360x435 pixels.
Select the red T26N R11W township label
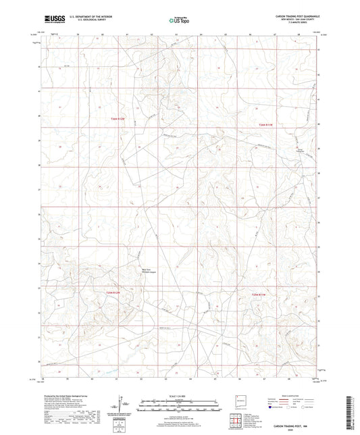tap(269, 124)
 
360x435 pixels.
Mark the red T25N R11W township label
tap(259, 295)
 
